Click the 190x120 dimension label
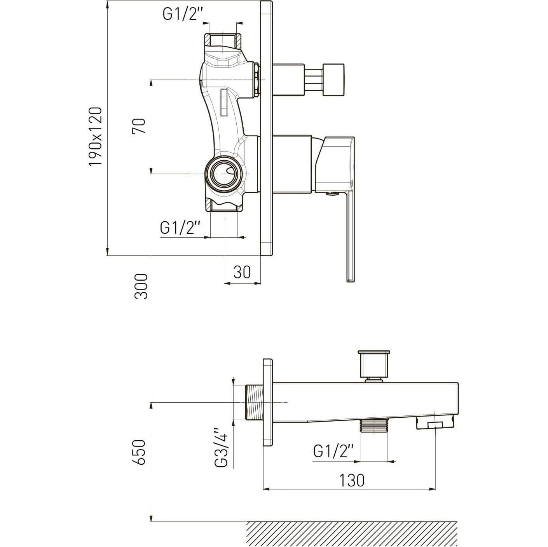95,136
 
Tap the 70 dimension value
139,126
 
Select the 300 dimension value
141,286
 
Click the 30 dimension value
242,272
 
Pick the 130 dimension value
351,480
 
